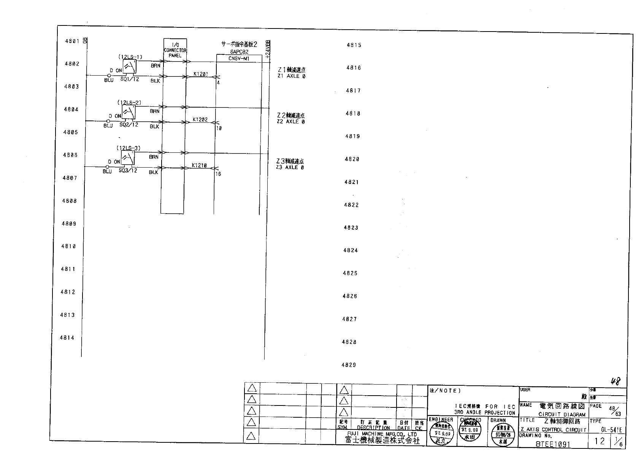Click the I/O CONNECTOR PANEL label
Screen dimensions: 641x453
[x=175, y=50]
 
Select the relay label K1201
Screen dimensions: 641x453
[x=200, y=74]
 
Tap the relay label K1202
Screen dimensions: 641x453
[x=200, y=120]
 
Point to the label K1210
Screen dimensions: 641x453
[x=199, y=165]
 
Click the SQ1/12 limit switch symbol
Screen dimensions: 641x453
[x=130, y=67]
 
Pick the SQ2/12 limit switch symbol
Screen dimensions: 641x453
[x=129, y=112]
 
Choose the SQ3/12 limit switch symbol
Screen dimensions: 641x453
[x=128, y=157]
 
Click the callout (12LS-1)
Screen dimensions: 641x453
[x=130, y=57]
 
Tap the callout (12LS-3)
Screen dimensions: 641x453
[x=128, y=148]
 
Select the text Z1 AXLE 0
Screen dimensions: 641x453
[x=291, y=76]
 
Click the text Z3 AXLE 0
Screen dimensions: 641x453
[x=290, y=168]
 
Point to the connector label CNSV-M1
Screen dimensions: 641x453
[x=239, y=59]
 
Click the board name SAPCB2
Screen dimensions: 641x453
[x=239, y=52]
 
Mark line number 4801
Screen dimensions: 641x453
[x=72, y=41]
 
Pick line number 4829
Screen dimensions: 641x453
[x=349, y=365]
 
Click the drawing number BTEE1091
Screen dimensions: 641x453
[x=553, y=444]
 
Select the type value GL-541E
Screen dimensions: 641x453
[x=611, y=430]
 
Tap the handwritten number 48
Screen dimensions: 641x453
[x=616, y=381]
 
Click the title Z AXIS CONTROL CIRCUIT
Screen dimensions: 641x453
[x=553, y=430]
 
